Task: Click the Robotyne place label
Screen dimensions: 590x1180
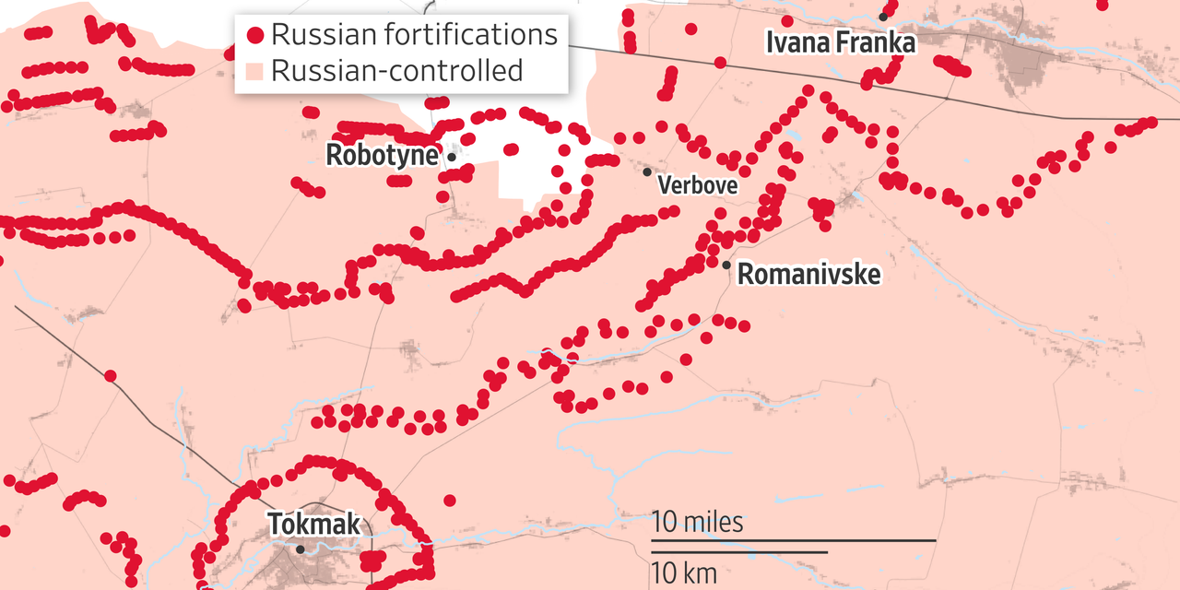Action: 382,155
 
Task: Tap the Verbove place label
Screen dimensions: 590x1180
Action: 697,185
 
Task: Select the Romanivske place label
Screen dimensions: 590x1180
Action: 808,274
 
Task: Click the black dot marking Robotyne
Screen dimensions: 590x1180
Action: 452,157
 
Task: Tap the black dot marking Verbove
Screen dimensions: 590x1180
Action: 647,171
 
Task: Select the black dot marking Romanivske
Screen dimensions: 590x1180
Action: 726,265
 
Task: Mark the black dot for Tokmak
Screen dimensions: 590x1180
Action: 301,549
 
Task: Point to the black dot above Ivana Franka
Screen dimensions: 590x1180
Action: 883,17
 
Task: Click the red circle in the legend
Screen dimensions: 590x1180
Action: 255,36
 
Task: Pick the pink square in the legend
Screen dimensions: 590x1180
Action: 255,71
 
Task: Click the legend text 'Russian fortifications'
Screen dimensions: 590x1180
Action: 414,35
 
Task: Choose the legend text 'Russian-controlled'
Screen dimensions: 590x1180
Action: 396,70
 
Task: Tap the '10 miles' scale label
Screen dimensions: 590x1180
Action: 697,523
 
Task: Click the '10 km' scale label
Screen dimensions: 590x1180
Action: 684,572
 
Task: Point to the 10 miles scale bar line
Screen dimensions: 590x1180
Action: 794,540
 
